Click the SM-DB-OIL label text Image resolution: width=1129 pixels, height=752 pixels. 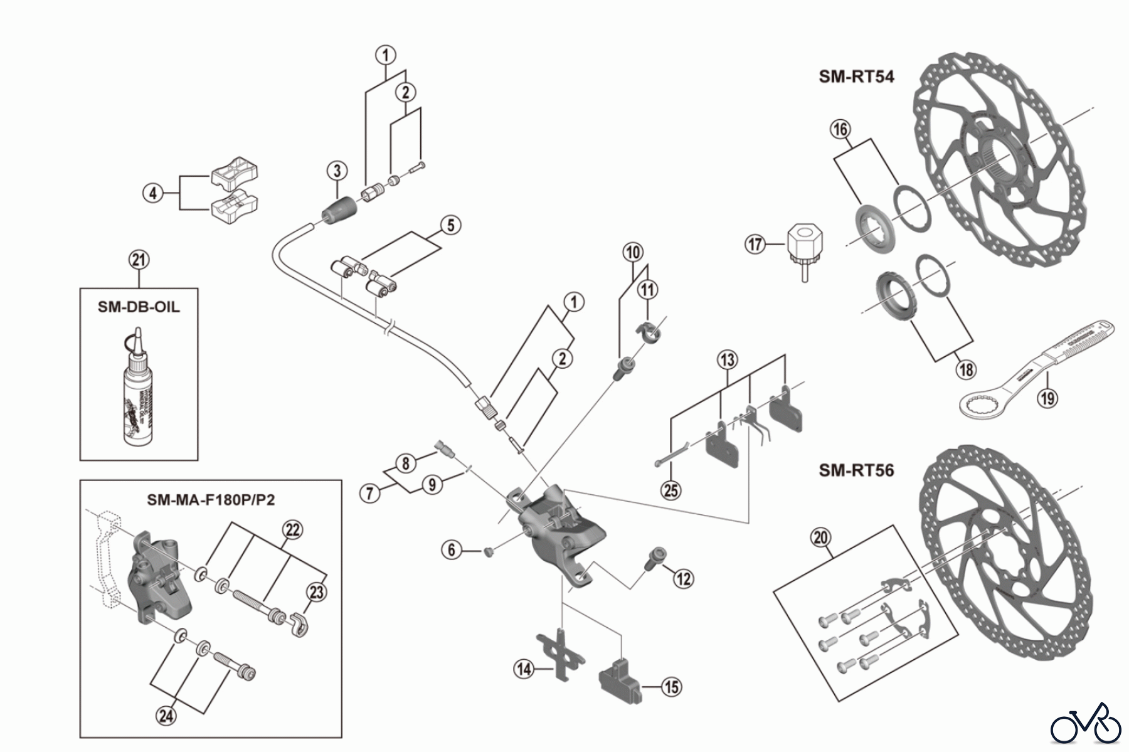tap(138, 307)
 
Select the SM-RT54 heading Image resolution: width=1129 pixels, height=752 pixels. tap(856, 77)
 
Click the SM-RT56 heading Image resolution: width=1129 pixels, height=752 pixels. tap(856, 470)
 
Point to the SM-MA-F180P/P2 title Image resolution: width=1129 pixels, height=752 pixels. tap(211, 500)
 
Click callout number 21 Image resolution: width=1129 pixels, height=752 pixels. tap(139, 260)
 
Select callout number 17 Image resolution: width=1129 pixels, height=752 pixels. tap(755, 243)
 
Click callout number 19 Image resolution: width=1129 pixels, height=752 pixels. tap(1047, 397)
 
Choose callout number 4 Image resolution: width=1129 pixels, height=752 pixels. tap(153, 193)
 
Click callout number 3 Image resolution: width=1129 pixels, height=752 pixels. tap(337, 170)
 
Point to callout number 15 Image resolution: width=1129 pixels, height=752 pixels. tap(671, 687)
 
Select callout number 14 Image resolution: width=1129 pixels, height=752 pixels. tap(524, 669)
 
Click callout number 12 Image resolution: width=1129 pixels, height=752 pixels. tap(683, 578)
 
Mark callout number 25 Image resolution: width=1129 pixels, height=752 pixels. tap(671, 490)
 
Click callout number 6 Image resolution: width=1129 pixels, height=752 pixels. tap(452, 550)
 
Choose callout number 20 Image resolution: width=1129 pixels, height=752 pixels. tap(820, 537)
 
